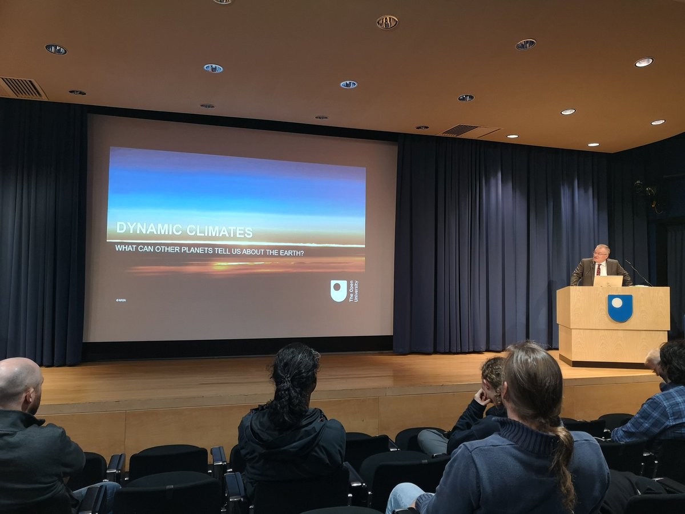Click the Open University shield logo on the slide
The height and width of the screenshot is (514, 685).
(x=339, y=291)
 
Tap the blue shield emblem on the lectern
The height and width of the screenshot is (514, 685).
(x=620, y=308)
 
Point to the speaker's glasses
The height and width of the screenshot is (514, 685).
(x=600, y=253)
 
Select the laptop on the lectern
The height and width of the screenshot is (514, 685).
(x=608, y=280)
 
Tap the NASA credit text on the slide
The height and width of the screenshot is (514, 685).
(x=121, y=300)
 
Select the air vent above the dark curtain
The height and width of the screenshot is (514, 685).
(x=22, y=88)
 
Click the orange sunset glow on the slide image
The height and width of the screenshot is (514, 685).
(x=245, y=266)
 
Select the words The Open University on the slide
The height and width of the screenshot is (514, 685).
(x=353, y=291)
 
